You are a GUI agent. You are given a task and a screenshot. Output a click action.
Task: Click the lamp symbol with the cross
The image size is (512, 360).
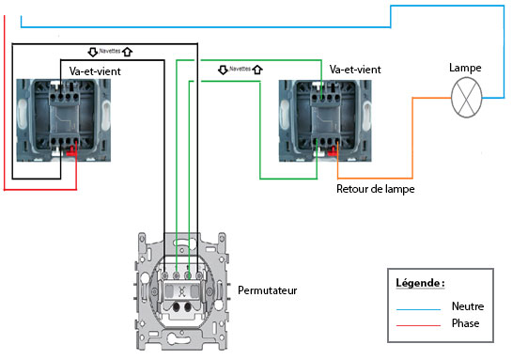pos(466,98)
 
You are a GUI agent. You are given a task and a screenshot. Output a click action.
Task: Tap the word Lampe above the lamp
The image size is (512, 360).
pos(465,69)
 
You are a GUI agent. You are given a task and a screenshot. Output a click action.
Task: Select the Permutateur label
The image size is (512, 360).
pos(268,290)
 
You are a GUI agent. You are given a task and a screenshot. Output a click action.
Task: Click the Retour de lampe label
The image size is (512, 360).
pos(376,189)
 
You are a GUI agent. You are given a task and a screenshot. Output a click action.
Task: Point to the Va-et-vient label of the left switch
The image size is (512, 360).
pos(95,71)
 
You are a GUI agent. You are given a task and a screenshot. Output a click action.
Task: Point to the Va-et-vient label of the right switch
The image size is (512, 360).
pos(355,70)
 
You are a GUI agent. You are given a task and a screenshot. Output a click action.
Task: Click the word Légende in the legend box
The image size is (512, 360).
pos(420,283)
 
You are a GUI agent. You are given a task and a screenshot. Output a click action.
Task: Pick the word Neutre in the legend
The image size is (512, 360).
pos(468,306)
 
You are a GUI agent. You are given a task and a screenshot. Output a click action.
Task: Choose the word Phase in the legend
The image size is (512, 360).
pos(466,323)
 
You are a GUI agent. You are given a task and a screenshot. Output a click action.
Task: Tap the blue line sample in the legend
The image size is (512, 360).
pos(419,309)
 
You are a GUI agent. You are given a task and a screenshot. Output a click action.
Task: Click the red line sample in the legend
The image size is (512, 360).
pos(419,325)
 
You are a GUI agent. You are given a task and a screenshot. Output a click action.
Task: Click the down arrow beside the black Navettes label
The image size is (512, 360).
pos(93,52)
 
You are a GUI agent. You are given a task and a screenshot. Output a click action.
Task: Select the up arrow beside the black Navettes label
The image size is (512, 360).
pos(127,52)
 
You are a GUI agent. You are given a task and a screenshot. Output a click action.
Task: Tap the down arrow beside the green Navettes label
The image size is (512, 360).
pos(223,70)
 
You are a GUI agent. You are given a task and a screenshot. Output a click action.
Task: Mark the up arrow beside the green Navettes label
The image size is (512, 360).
pos(257,70)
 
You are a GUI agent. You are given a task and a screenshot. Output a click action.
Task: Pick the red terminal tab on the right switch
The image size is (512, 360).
pos(333,151)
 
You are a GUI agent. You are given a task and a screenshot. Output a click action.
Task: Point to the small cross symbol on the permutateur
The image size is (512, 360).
pos(181,291)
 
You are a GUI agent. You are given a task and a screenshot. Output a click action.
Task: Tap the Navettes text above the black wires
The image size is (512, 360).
pos(110,51)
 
